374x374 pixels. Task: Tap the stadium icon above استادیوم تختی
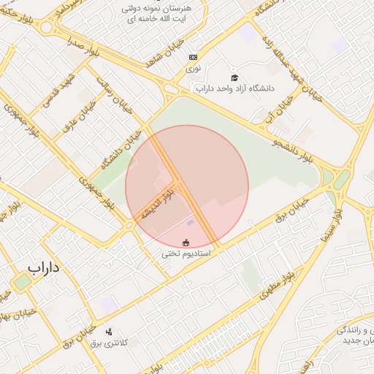click(x=186, y=242)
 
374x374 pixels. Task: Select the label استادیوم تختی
click(x=186, y=253)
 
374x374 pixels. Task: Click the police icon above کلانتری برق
click(x=109, y=332)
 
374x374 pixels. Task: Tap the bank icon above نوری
click(x=193, y=57)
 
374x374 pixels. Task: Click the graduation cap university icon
click(x=234, y=77)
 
